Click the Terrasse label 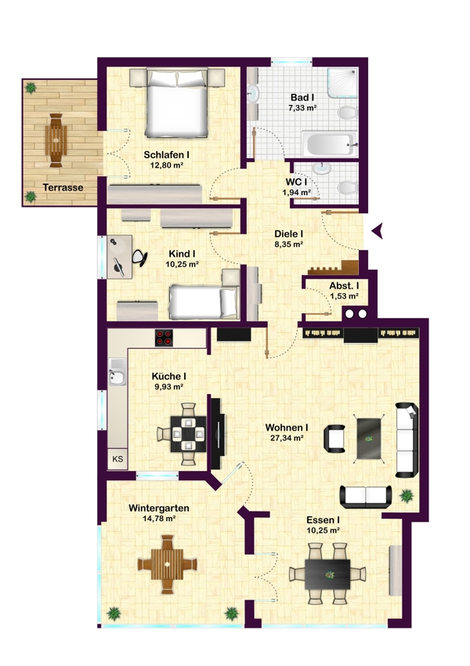coord(63,187)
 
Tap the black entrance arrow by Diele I coord(378,230)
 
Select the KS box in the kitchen coord(117,458)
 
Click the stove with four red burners coord(164,338)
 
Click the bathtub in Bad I coord(329,144)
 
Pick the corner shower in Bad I coord(342,83)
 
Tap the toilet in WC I coord(348,187)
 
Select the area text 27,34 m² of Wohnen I coord(287,438)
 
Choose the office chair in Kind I coord(139,258)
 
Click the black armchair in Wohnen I coord(334,438)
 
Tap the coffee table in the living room coord(369,438)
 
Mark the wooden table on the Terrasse coord(56,140)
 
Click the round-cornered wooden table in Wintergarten coord(168,564)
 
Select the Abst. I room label coord(344,286)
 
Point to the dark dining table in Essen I coord(327,574)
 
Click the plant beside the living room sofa coord(407,495)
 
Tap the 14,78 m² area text coord(159,518)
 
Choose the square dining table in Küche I coord(188,434)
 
